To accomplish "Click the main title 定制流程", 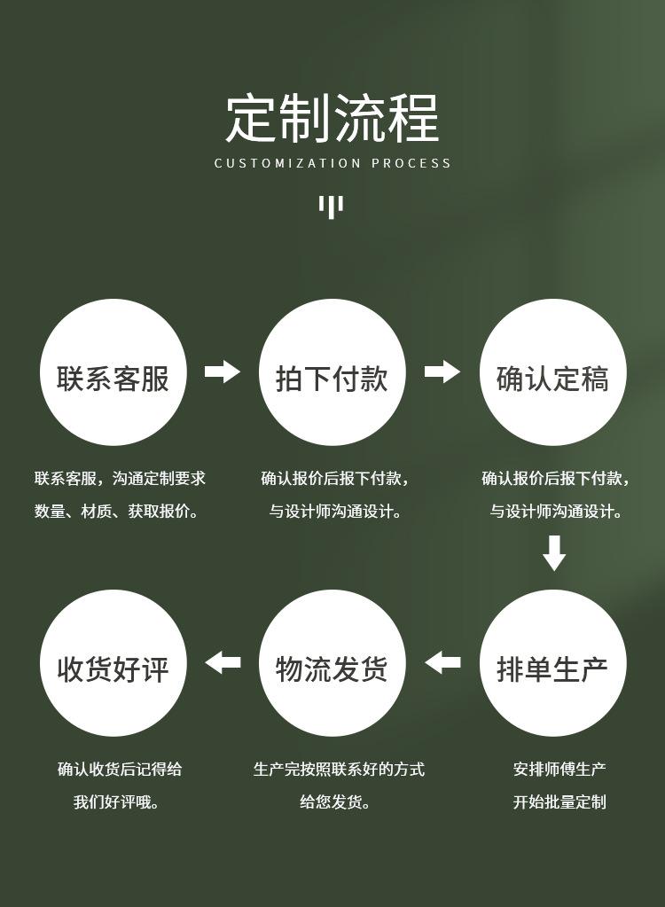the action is click(332, 119).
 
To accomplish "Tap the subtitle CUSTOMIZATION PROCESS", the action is click(332, 163).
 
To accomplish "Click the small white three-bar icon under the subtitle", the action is click(331, 207).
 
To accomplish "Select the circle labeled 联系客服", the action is click(113, 372).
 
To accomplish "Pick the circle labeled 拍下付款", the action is click(332, 372).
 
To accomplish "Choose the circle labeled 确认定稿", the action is click(552, 372).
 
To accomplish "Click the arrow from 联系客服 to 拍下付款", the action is click(223, 371).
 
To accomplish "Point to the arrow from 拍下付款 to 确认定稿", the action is click(442, 371).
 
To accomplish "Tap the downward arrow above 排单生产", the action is click(554, 552).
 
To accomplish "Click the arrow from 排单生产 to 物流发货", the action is click(442, 662).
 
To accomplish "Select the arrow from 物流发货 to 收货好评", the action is click(223, 662).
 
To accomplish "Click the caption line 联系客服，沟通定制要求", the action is click(120, 479).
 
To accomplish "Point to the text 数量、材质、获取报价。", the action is click(117, 512).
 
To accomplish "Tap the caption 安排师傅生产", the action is click(559, 770).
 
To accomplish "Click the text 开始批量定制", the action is click(559, 802).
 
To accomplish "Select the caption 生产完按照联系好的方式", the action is click(339, 770).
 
